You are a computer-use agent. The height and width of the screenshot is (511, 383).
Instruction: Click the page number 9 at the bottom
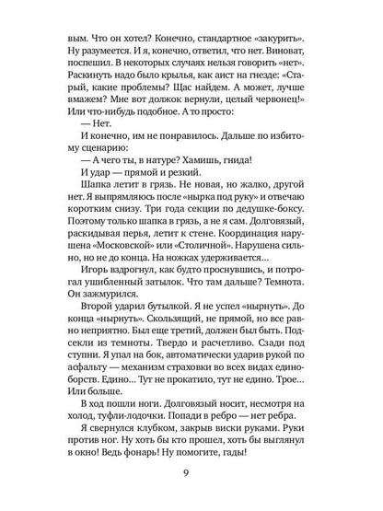(x=191, y=474)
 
